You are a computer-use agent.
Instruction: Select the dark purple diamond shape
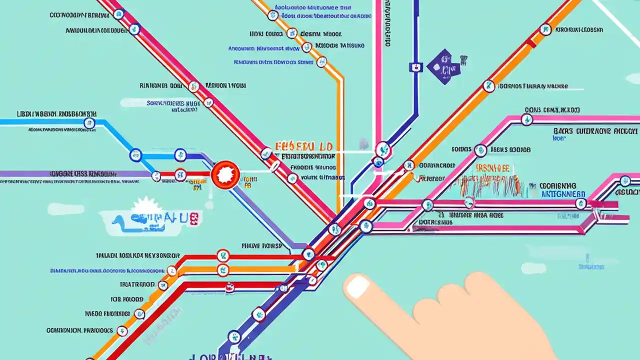coord(443,66)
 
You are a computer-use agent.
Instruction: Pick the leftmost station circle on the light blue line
coord(89,123)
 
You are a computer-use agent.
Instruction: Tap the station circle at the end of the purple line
coord(156,175)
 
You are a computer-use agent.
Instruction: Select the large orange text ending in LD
coord(303,147)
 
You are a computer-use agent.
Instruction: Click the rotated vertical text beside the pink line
coord(387,25)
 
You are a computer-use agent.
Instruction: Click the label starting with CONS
coord(552,109)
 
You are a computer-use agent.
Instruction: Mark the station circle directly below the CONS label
coord(526,119)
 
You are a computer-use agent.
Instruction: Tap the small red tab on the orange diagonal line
coord(530,43)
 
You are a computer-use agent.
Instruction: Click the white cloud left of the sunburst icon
coord(65,209)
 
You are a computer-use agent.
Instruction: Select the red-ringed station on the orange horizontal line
coord(223,270)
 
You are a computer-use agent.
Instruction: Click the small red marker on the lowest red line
coord(229,287)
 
